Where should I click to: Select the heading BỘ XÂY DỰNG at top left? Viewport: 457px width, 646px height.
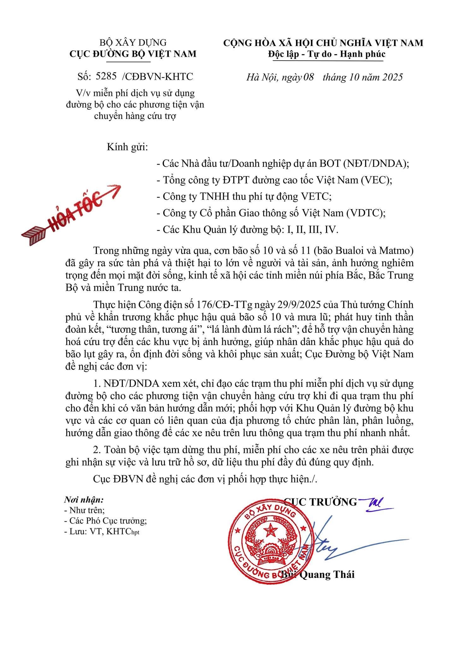[133, 42]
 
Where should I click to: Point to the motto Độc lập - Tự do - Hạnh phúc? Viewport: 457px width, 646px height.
[327, 54]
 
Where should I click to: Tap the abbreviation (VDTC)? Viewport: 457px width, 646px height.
[366, 213]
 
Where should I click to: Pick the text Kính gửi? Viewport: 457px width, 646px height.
[127, 147]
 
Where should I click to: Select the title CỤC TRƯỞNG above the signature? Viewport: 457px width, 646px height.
[320, 502]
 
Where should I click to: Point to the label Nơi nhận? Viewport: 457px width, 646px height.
[84, 500]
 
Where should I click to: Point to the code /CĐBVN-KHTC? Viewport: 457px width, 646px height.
[157, 76]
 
